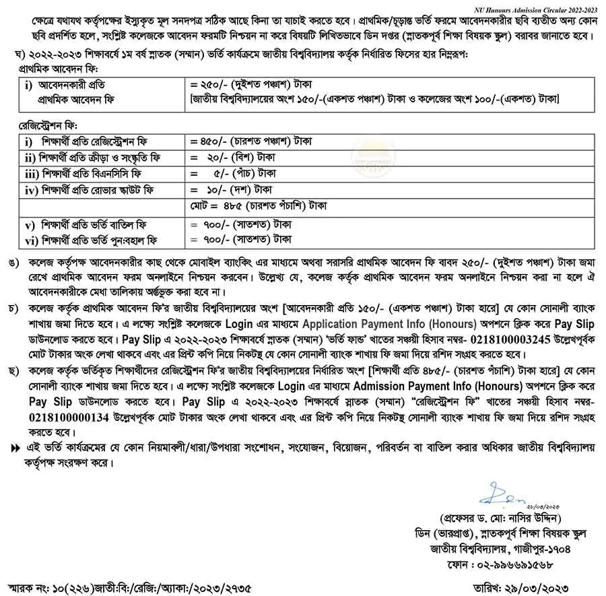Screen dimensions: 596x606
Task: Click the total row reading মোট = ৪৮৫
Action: pyautogui.click(x=263, y=204)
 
